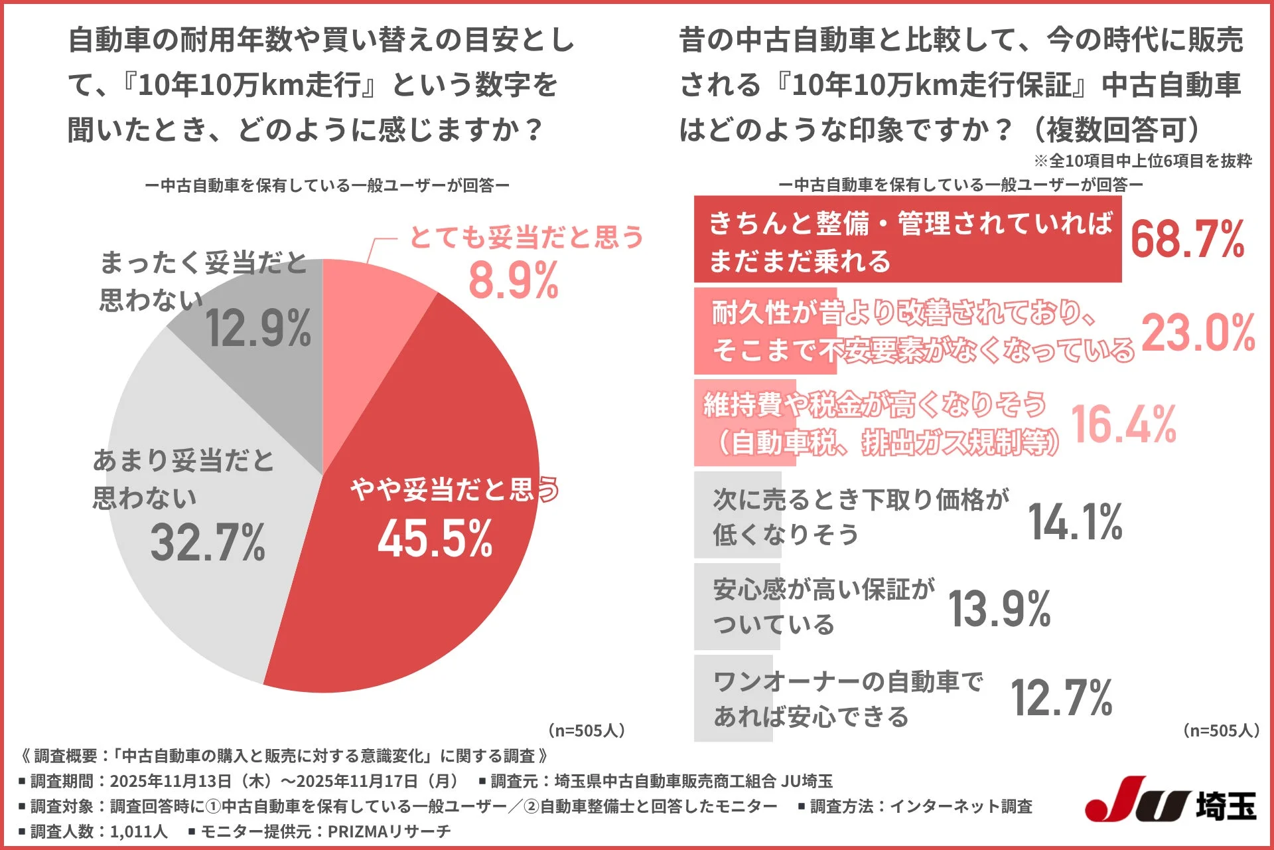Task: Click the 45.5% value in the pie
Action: pyautogui.click(x=435, y=538)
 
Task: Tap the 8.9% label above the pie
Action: pyautogui.click(x=513, y=281)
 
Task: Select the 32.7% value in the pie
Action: pyautogui.click(x=208, y=543)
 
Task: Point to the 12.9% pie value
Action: pyautogui.click(x=257, y=329)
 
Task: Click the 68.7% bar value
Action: pyautogui.click(x=1188, y=239)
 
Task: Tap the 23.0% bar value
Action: pyautogui.click(x=1198, y=332)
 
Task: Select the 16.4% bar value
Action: pyautogui.click(x=1123, y=424)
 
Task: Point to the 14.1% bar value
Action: pyautogui.click(x=1075, y=521)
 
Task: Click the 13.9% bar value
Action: pyautogui.click(x=999, y=609)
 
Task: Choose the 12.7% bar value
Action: pyautogui.click(x=1061, y=698)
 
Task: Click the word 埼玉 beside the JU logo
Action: pyautogui.click(x=1226, y=806)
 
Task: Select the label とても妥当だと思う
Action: pyautogui.click(x=526, y=237)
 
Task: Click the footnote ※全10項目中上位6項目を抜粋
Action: pyautogui.click(x=1143, y=161)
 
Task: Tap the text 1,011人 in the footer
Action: pyautogui.click(x=139, y=831)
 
